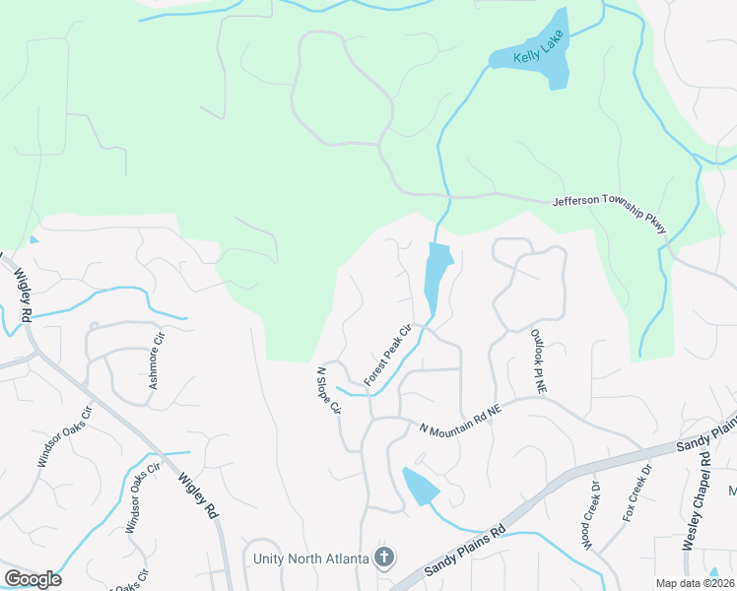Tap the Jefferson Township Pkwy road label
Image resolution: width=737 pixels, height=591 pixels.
click(x=610, y=214)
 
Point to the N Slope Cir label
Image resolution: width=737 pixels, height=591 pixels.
click(x=328, y=389)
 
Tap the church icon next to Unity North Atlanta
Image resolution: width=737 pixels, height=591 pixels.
click(x=384, y=558)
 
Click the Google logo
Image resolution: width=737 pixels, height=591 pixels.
click(x=33, y=579)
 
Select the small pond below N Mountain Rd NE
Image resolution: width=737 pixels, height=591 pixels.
click(x=420, y=487)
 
